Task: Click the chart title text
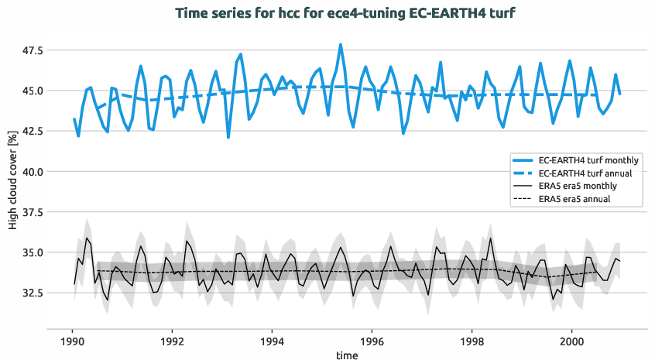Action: pyautogui.click(x=345, y=13)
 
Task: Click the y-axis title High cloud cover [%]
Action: pyautogui.click(x=12, y=180)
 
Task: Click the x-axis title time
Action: pyautogui.click(x=347, y=353)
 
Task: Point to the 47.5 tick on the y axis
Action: pyautogui.click(x=33, y=50)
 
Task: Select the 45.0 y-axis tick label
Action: pyautogui.click(x=33, y=91)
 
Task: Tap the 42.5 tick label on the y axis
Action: pyautogui.click(x=33, y=131)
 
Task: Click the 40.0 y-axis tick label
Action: pyautogui.click(x=33, y=171)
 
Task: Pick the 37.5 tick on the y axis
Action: pyautogui.click(x=33, y=212)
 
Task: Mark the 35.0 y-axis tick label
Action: pyautogui.click(x=33, y=252)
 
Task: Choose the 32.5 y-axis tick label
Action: pyautogui.click(x=33, y=293)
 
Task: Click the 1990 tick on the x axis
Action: pyautogui.click(x=72, y=339)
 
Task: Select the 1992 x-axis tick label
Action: pyautogui.click(x=172, y=339)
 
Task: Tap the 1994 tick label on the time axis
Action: pyautogui.click(x=272, y=339)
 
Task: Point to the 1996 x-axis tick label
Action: pyautogui.click(x=372, y=339)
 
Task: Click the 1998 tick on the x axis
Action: pyautogui.click(x=472, y=339)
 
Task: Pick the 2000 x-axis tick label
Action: pyautogui.click(x=572, y=339)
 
